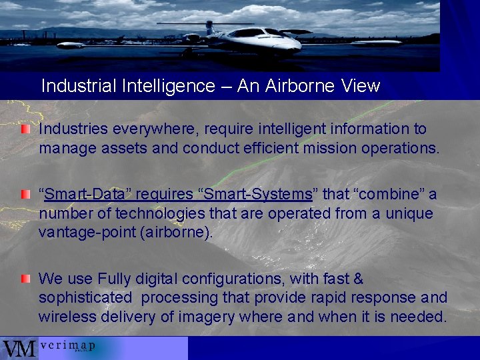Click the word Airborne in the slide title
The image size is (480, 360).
click(294, 86)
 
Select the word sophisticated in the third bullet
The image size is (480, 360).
click(85, 297)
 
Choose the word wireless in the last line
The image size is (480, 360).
click(67, 317)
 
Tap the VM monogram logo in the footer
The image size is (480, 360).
click(19, 349)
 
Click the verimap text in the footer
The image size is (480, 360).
click(67, 346)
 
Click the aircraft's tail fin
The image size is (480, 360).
click(209, 27)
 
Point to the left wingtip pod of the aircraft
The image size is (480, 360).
click(70, 45)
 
